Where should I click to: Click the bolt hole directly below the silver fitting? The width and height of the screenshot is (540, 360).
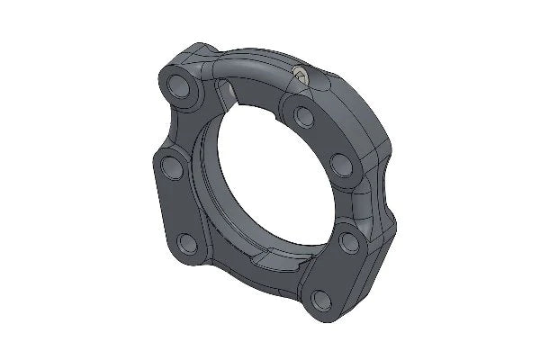coord(303,116)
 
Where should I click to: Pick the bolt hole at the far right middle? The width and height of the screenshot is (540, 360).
coord(341,163)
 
